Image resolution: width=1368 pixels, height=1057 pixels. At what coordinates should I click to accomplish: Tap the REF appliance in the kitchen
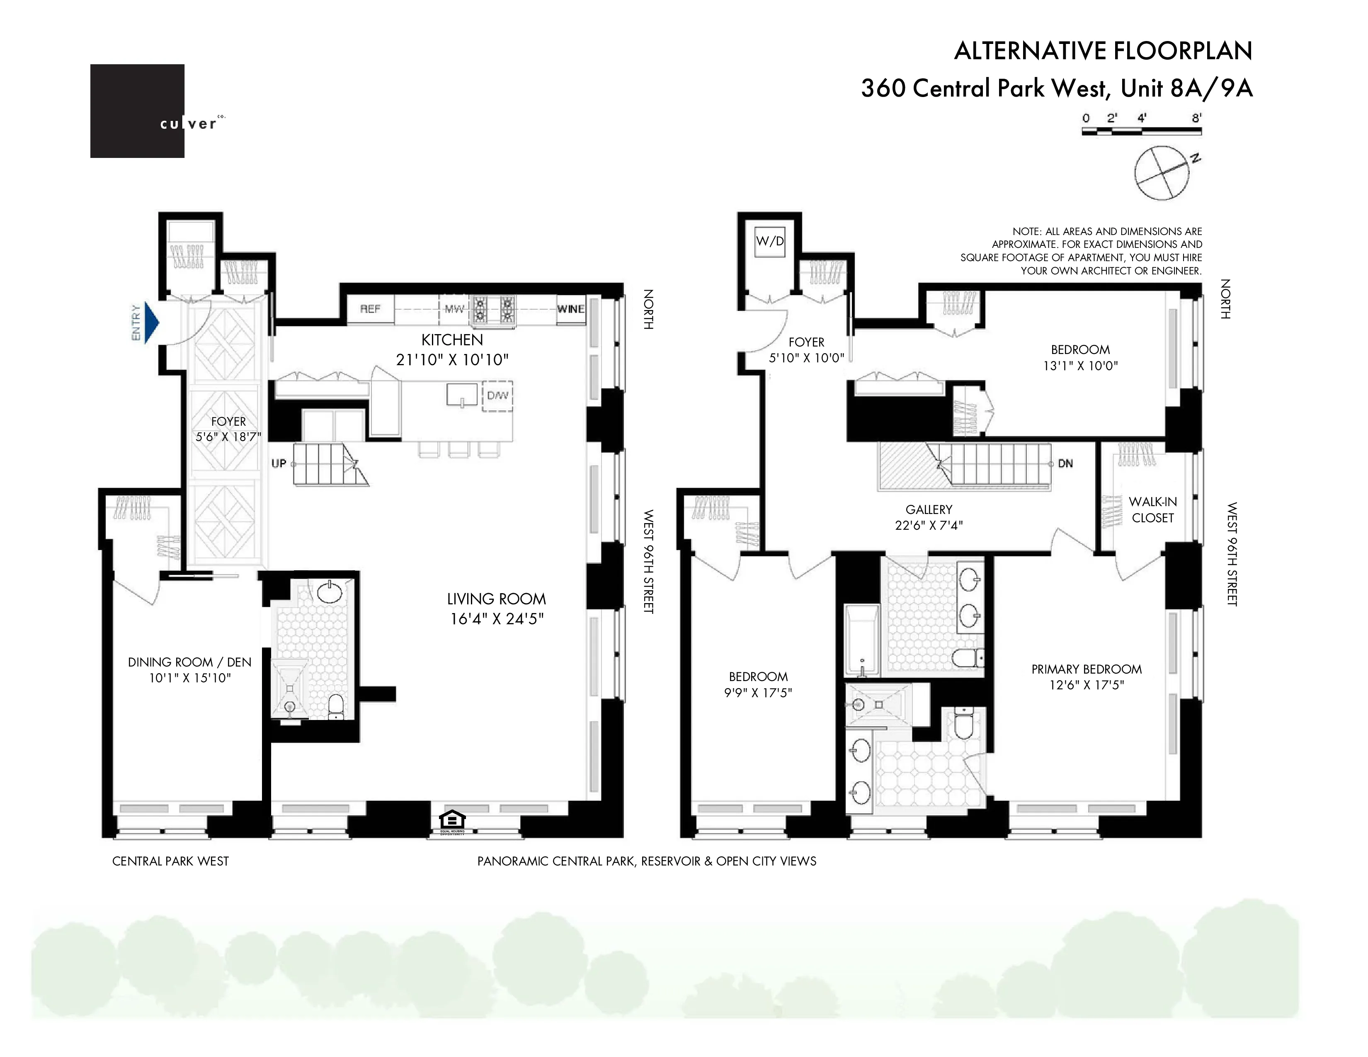(x=370, y=309)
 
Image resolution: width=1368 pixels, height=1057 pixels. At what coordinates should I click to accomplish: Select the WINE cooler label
(x=571, y=309)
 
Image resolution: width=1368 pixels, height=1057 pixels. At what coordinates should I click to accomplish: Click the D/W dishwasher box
(x=497, y=396)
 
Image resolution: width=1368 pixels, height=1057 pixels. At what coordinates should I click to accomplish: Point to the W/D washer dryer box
(x=770, y=241)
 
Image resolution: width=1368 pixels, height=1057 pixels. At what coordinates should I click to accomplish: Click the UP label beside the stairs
(x=279, y=463)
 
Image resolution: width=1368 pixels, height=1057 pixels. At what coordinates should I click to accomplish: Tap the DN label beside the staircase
(x=1065, y=463)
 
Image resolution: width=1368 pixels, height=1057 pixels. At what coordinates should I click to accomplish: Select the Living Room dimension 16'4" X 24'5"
(x=497, y=619)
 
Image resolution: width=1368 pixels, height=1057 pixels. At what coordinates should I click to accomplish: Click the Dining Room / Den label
(x=189, y=662)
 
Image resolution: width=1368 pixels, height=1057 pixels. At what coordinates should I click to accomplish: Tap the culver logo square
(x=137, y=111)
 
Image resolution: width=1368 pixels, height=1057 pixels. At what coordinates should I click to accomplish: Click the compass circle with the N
(x=1162, y=173)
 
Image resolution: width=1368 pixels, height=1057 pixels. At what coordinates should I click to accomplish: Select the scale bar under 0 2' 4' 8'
(x=1141, y=131)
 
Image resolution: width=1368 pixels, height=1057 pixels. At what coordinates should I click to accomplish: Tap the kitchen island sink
(x=462, y=395)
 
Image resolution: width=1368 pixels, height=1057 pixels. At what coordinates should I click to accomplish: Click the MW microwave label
(x=454, y=309)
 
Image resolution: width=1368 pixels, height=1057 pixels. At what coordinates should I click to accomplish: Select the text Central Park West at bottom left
(x=170, y=861)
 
